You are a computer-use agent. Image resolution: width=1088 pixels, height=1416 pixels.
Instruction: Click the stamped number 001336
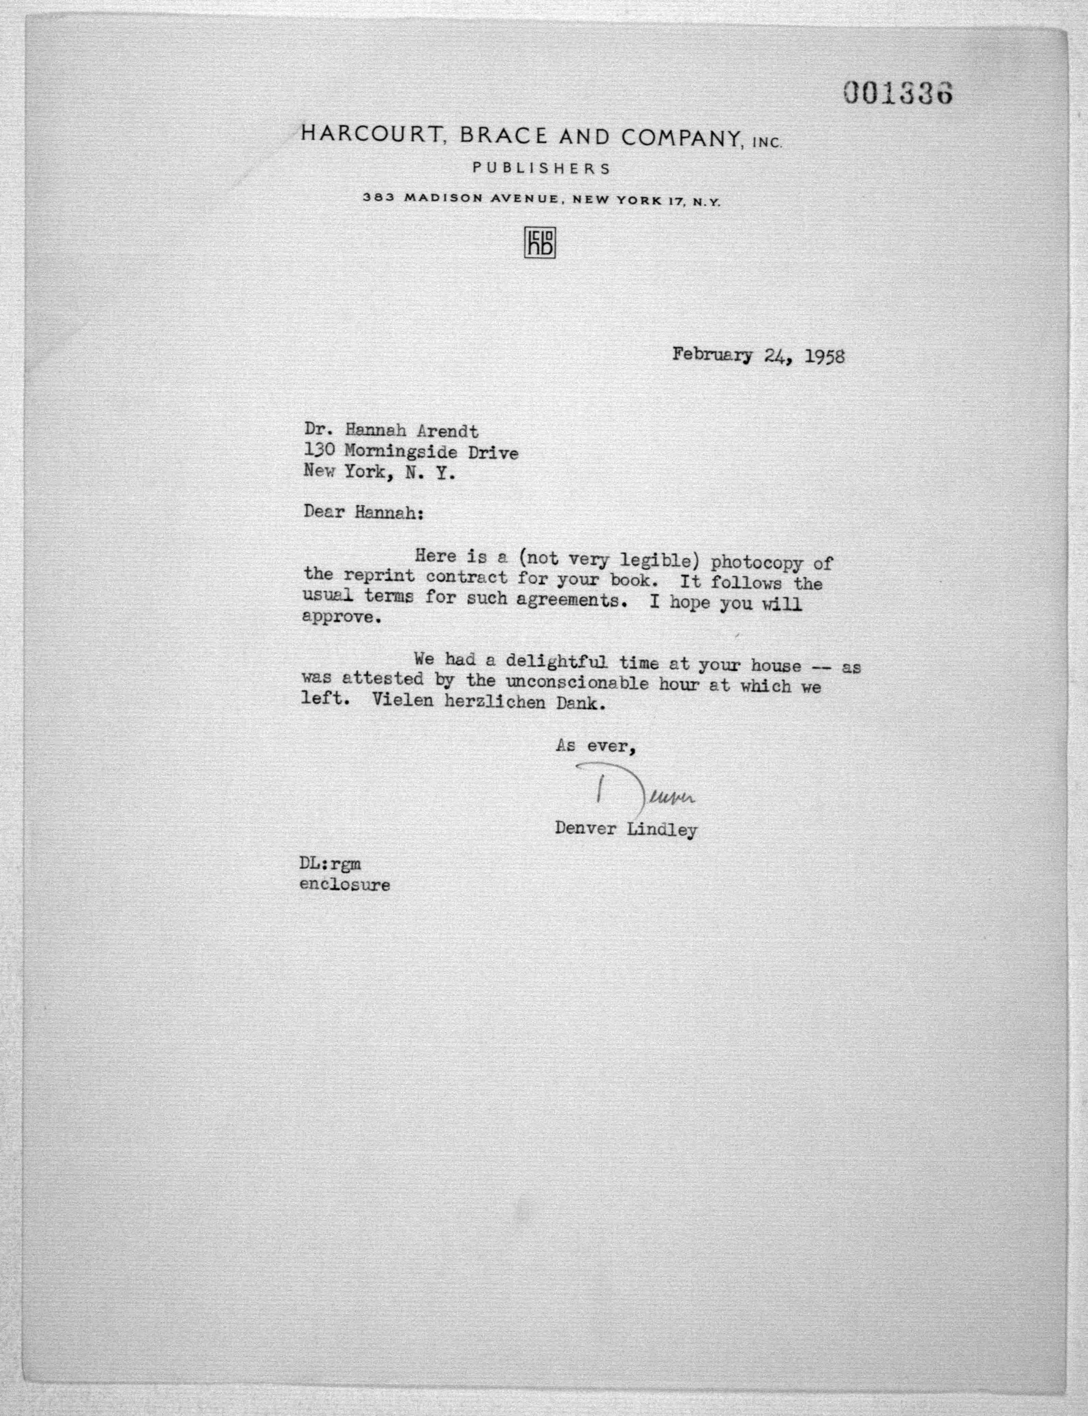pos(897,94)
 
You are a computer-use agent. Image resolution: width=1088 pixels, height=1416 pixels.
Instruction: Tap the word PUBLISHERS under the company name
pos(541,168)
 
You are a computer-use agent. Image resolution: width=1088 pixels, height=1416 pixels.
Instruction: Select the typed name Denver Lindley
pos(625,830)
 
